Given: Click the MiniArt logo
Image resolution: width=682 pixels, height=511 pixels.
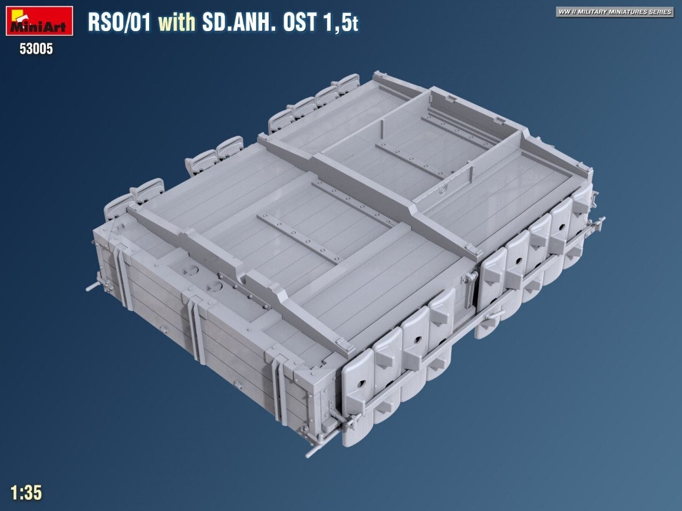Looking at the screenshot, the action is pos(39,21).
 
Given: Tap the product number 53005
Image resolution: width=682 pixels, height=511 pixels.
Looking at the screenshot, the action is pos(36,49).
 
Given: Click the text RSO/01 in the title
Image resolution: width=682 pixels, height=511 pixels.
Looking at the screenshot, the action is pos(119,22).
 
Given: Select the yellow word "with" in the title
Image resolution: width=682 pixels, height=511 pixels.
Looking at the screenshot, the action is pos(177,22).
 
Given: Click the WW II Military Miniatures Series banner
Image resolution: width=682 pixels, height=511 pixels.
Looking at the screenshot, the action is pos(615,12).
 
